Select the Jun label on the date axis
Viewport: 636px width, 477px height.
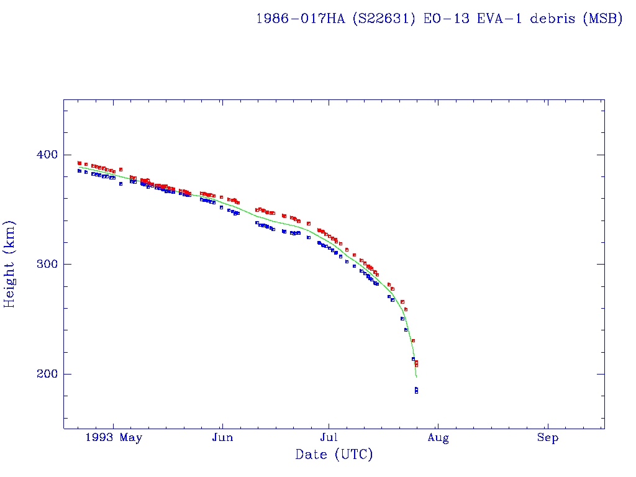click(222, 438)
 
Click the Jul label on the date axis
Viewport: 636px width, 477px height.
click(329, 438)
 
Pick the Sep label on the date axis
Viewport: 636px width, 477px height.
click(548, 438)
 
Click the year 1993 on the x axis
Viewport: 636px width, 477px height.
click(99, 438)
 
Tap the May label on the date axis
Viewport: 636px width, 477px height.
click(131, 438)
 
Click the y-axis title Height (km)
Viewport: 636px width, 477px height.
click(10, 264)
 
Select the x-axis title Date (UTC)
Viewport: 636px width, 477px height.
click(334, 455)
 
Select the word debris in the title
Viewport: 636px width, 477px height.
click(553, 19)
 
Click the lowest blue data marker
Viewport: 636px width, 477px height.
click(416, 392)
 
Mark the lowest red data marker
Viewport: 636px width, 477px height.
click(416, 365)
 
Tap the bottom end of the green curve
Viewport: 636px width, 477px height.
click(416, 377)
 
